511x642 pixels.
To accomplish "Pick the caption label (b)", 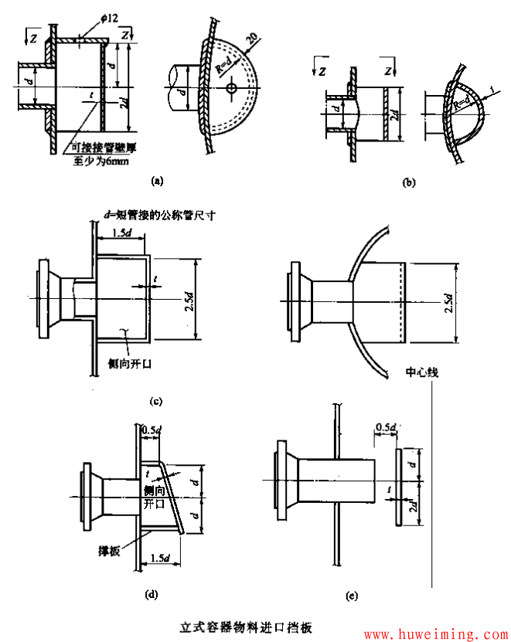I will point(409,182).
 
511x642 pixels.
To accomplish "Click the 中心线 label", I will point(422,372).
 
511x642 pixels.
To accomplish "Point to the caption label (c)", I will point(155,400).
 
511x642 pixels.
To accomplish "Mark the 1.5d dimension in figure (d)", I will point(161,559).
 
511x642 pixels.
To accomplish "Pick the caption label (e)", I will point(353,596).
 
